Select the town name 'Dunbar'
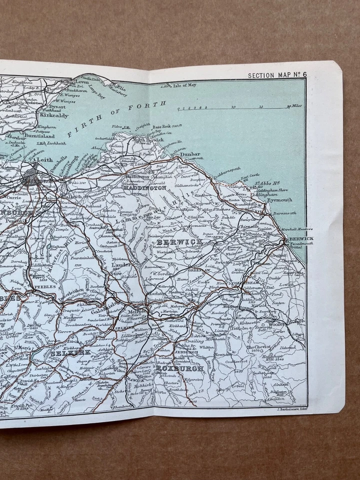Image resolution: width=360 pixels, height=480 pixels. coord(190,154)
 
